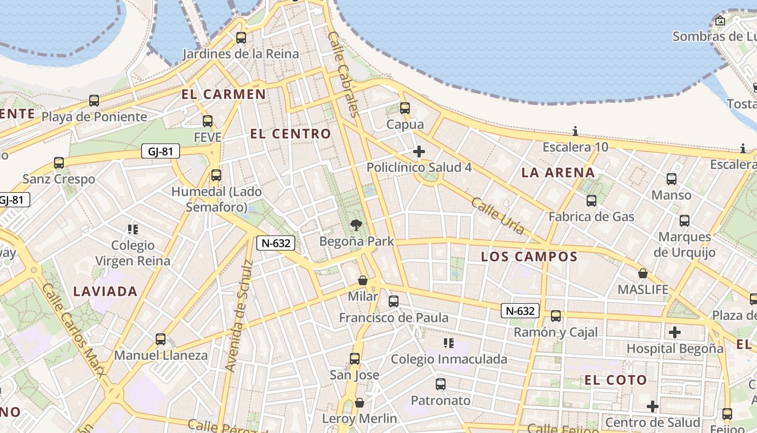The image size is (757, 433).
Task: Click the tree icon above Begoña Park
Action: coord(356,225)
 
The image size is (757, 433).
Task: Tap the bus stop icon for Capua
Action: coord(405,108)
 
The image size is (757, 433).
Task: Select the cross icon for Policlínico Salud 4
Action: coord(419,152)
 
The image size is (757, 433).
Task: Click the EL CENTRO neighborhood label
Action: coord(290,134)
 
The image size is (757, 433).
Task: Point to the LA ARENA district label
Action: coord(558,173)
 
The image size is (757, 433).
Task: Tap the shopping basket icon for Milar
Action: coord(363,280)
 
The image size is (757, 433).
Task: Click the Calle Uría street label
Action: coord(497,216)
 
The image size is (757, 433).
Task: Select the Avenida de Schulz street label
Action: coord(238,316)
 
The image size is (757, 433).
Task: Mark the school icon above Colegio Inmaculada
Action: coord(448,343)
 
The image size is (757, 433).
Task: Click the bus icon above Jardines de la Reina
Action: coord(241,38)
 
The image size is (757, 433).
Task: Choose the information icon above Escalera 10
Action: coord(575,131)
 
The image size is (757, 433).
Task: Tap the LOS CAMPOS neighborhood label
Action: coord(529,257)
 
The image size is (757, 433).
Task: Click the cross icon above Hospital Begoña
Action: coord(675,332)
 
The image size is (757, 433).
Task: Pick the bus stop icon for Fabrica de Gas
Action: coord(592,201)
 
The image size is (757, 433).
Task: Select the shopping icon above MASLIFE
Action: coord(643,273)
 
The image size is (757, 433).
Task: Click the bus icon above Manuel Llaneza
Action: coord(161,339)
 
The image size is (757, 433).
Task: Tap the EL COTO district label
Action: coord(616,380)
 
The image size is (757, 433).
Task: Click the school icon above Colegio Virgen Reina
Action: coord(133,229)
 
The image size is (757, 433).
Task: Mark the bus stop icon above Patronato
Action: coord(441,384)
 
